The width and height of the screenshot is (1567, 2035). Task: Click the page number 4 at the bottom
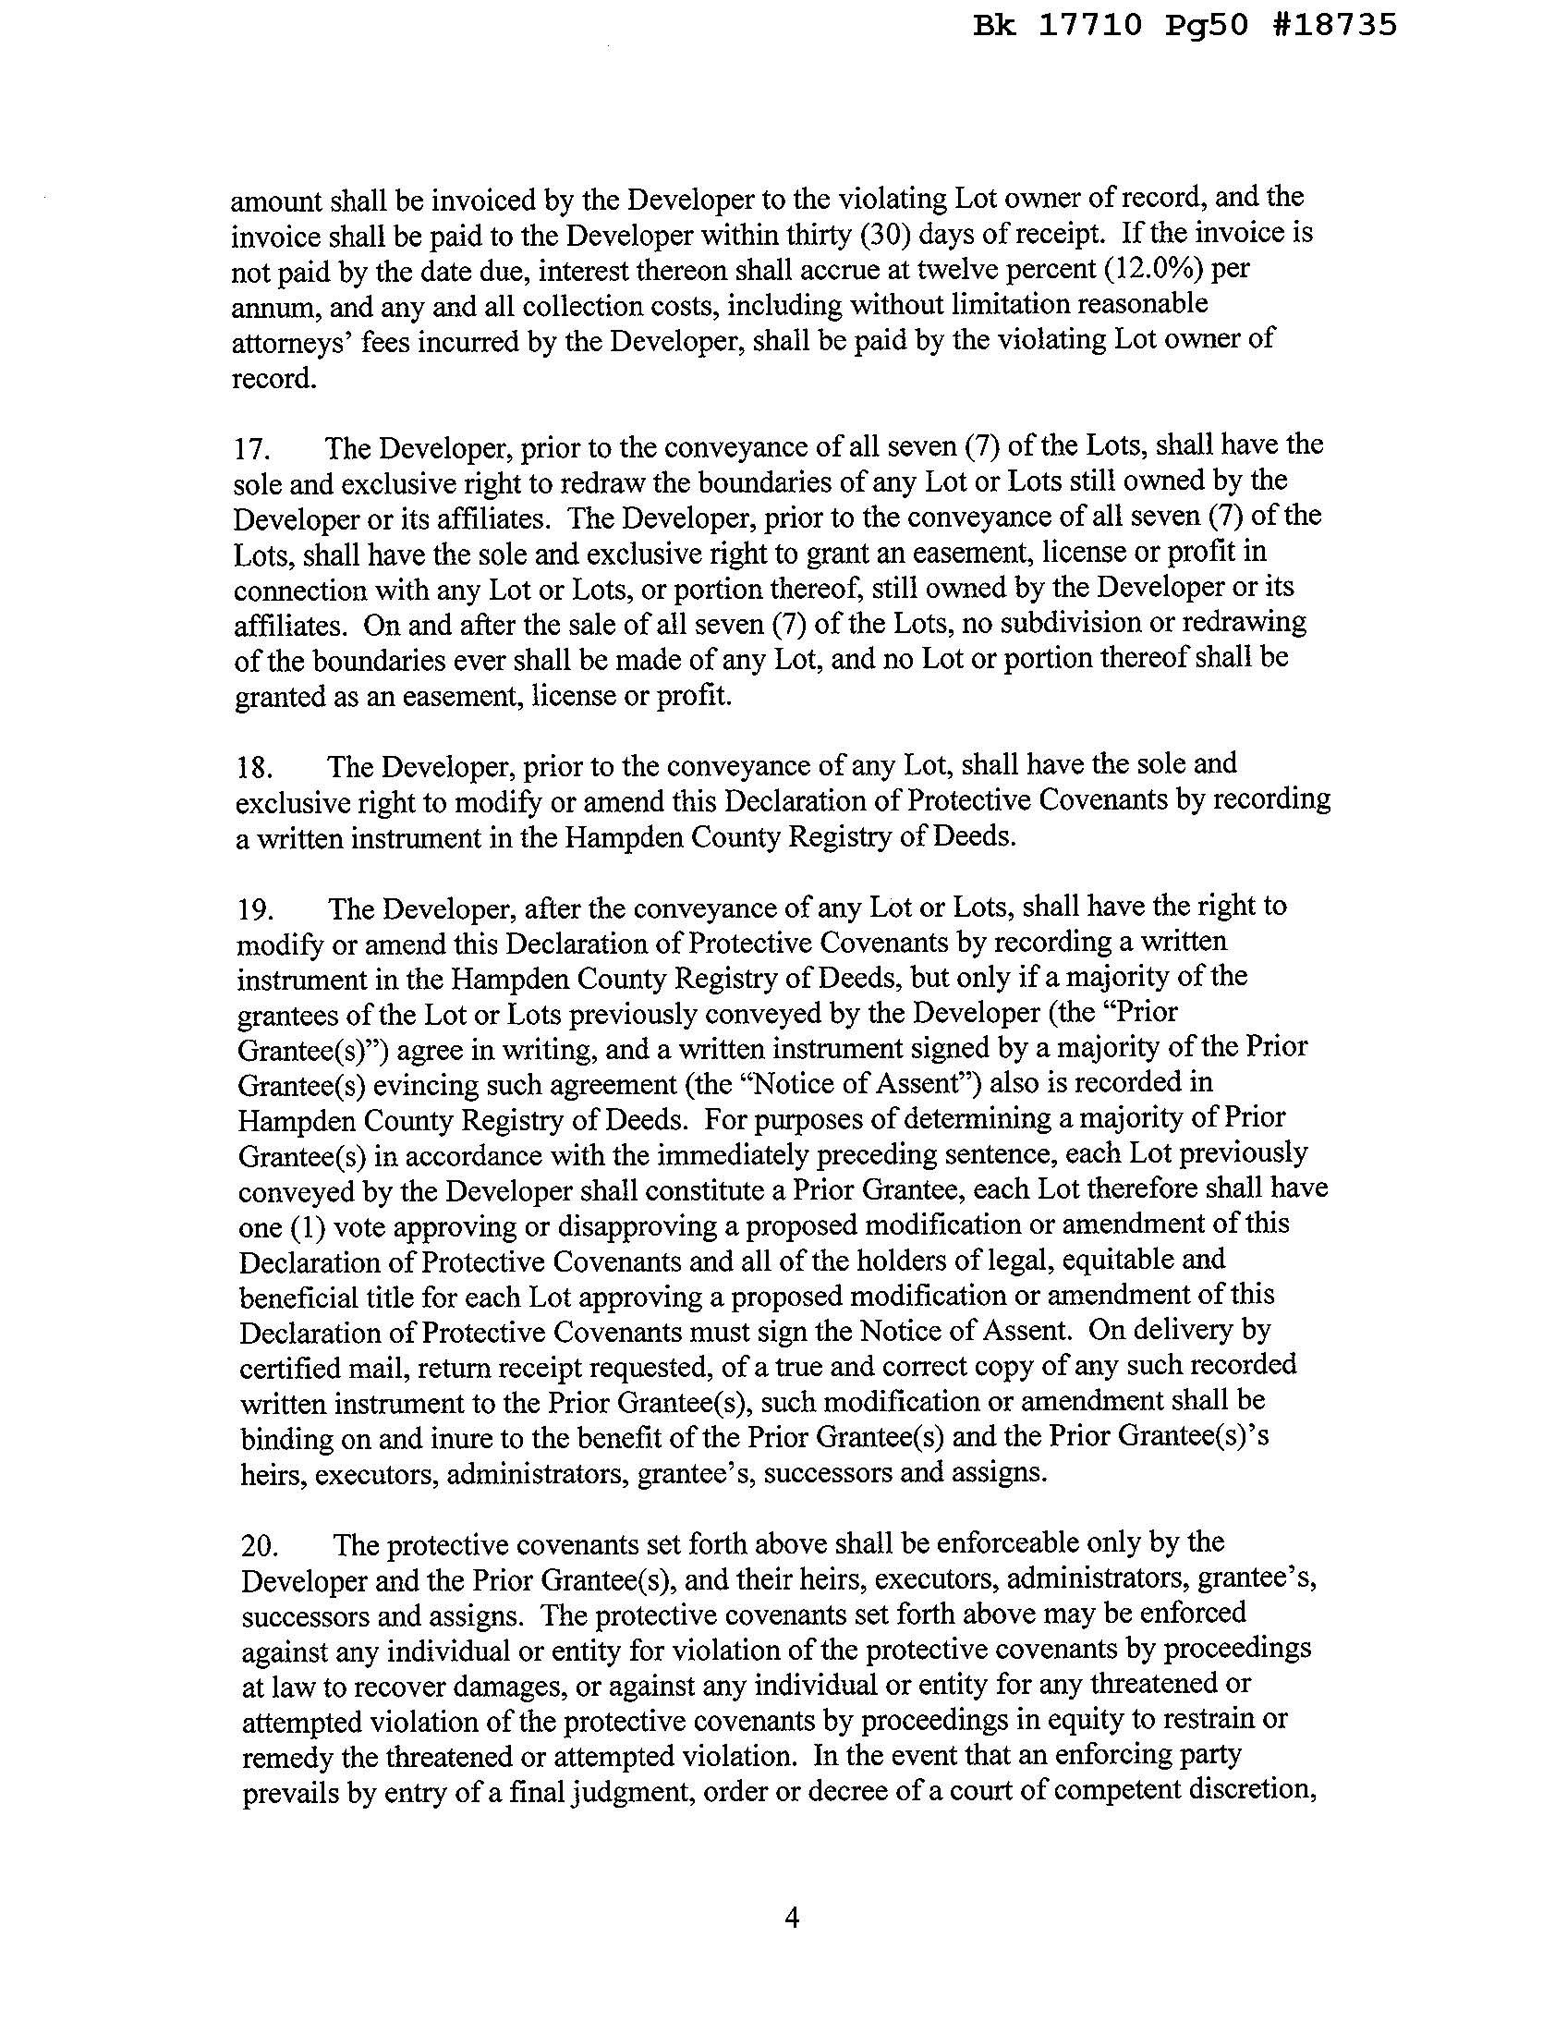792,1918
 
